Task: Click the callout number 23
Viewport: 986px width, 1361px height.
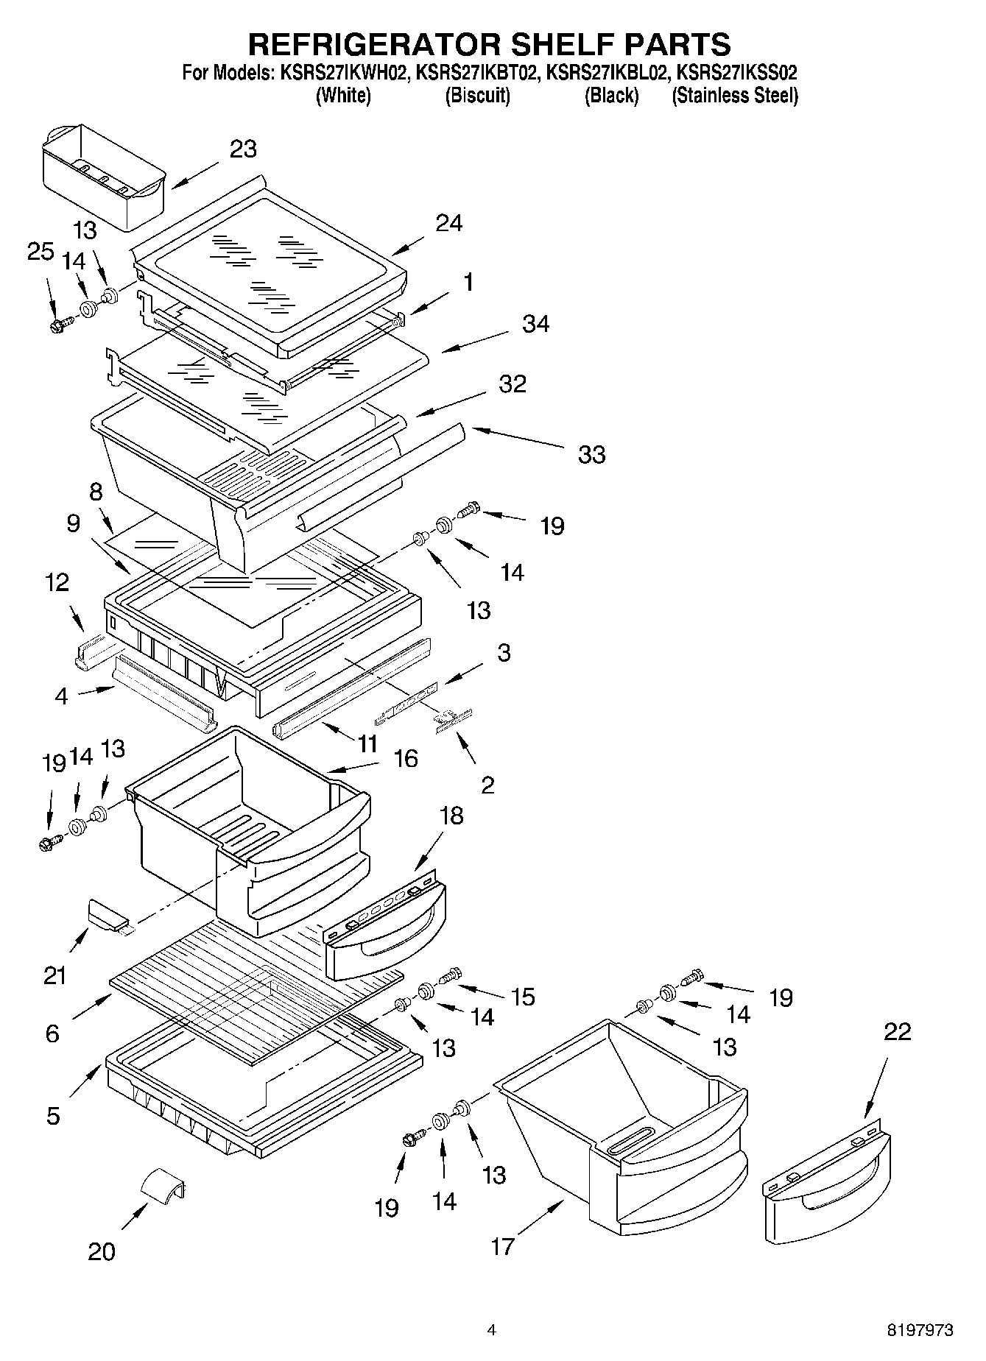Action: click(243, 149)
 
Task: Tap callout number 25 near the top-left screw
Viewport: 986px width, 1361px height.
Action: click(41, 252)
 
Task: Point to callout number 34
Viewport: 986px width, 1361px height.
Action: click(535, 324)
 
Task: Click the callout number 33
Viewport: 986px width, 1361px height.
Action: click(591, 454)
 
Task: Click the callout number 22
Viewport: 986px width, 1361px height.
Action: click(896, 1031)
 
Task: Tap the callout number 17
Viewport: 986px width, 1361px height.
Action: click(502, 1246)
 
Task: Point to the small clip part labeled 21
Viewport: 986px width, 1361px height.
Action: click(108, 913)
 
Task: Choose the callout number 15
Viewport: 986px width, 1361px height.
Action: click(523, 997)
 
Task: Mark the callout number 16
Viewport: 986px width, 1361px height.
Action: click(406, 758)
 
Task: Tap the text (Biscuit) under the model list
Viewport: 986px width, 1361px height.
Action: click(477, 96)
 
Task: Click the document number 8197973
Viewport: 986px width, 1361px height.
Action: click(919, 1330)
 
